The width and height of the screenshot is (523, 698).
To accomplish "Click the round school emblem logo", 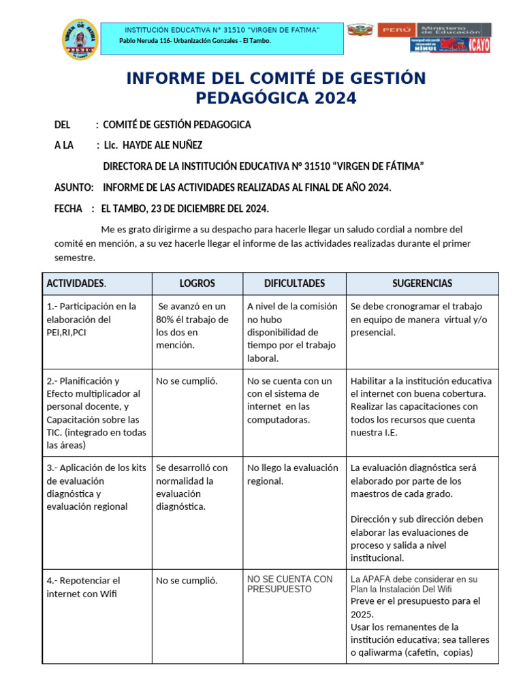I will (80, 39).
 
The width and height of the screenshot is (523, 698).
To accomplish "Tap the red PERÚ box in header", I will (395, 30).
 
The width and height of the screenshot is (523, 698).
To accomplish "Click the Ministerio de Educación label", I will (454, 29).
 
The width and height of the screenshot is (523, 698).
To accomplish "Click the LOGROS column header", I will (197, 284).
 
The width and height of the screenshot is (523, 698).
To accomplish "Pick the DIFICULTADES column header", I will (294, 284).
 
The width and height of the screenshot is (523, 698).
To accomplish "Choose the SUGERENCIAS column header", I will (422, 284).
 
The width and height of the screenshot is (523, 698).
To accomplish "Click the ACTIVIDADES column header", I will (76, 284).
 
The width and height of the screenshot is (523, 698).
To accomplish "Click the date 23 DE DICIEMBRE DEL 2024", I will (204, 209).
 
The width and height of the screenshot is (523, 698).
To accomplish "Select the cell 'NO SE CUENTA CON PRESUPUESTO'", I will (289, 584).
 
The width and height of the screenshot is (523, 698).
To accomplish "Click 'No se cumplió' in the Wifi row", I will (187, 581).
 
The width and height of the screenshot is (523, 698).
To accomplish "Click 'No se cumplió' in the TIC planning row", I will (187, 381).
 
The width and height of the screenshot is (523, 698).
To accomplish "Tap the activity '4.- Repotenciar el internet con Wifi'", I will (82, 587).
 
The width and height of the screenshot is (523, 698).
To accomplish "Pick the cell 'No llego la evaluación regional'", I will (292, 474).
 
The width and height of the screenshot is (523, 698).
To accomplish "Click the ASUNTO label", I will (74, 187).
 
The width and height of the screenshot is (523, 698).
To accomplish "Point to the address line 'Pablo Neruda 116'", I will (194, 42).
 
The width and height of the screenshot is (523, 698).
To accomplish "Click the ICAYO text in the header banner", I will (478, 45).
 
